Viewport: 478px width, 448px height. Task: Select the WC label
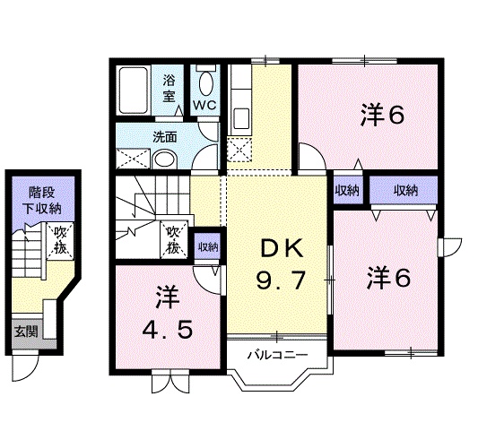205,106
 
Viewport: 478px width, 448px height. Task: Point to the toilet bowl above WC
206,83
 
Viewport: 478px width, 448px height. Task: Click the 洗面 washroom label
163,137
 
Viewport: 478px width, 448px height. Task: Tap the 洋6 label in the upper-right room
384,116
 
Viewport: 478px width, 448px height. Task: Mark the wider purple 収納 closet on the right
405,189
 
